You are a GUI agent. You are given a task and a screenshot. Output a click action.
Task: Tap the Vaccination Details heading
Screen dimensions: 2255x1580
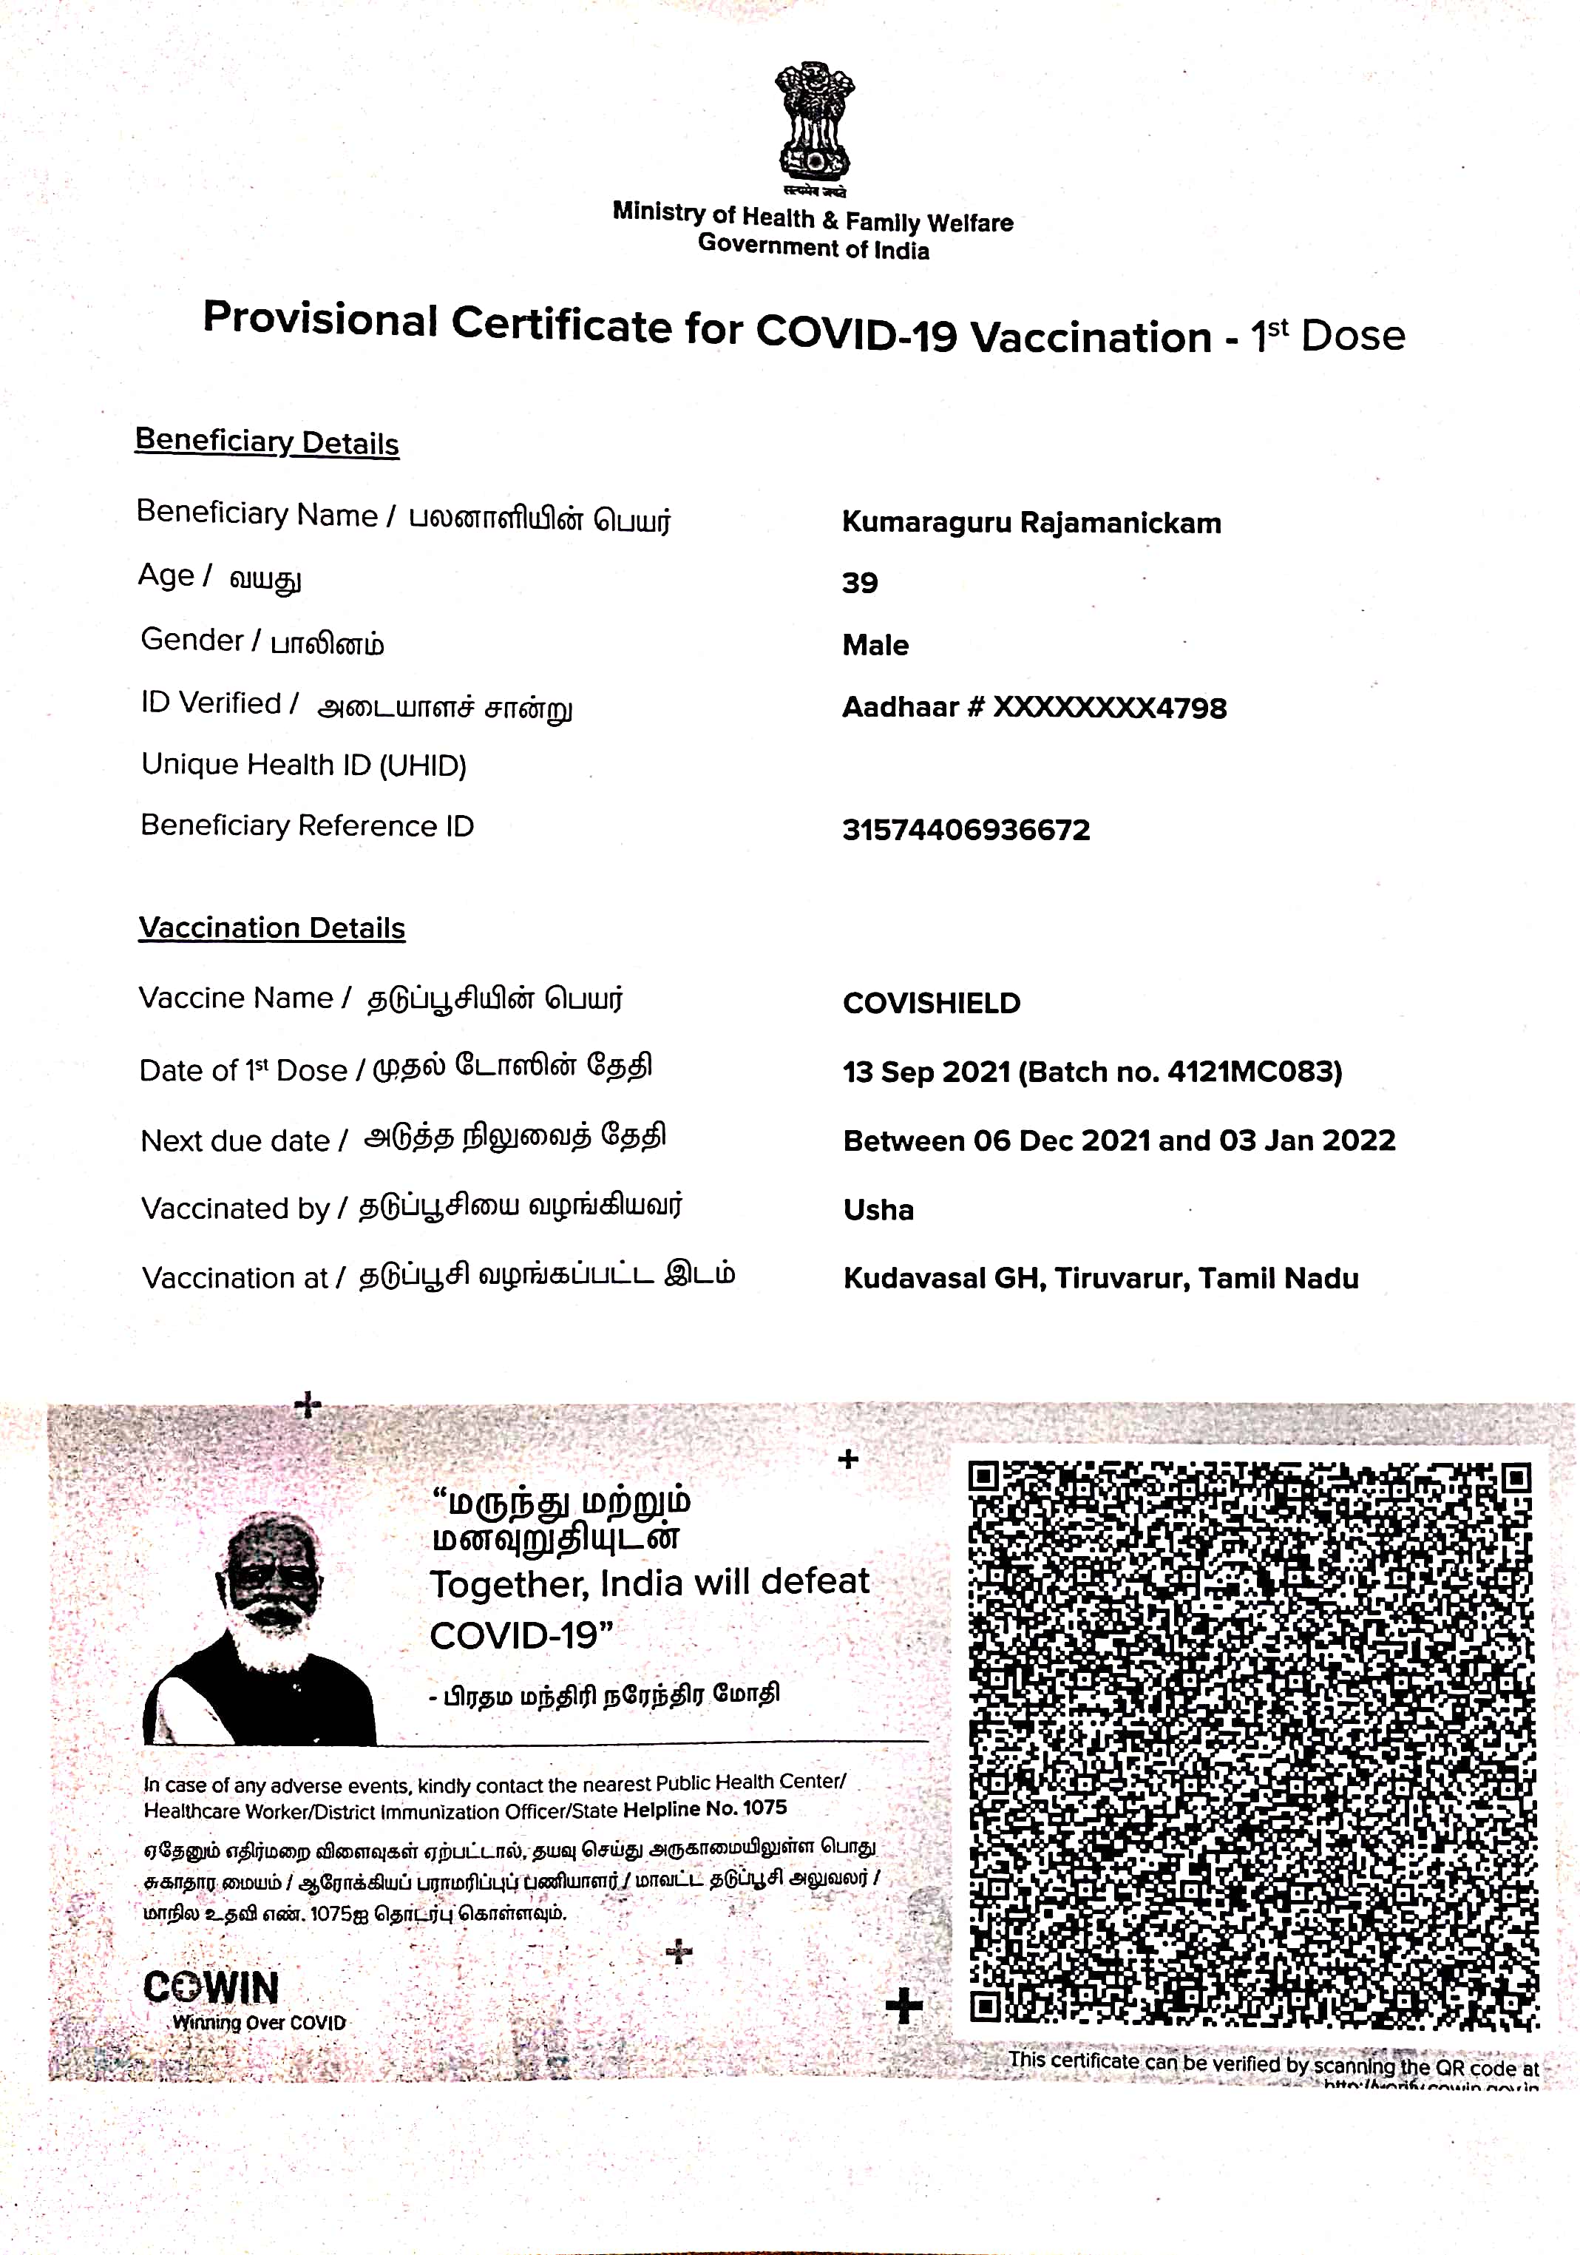(272, 927)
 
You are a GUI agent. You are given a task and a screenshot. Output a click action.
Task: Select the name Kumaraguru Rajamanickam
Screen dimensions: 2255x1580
(1031, 522)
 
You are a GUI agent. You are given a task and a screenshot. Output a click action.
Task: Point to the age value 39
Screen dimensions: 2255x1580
(859, 584)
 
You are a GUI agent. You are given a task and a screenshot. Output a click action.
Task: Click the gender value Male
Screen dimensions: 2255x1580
(875, 645)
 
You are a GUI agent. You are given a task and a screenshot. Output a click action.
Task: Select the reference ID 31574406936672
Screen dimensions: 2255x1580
(966, 830)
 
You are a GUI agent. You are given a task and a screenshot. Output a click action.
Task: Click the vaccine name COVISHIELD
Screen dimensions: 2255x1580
(932, 1003)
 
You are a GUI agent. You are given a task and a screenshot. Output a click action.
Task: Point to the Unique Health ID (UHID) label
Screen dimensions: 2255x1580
(303, 765)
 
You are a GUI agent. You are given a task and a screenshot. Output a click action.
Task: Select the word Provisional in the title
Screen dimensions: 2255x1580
(320, 320)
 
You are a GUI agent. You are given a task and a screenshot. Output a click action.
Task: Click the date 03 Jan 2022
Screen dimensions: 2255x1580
(1307, 1140)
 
